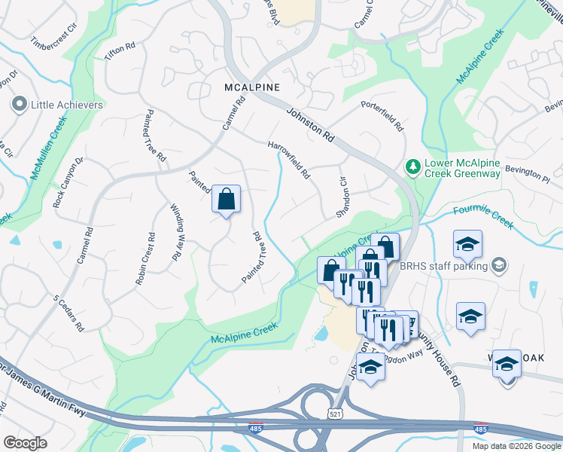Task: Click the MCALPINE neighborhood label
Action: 252,87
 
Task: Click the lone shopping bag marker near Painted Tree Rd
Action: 226,200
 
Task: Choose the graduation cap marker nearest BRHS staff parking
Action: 467,245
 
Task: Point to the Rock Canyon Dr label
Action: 68,183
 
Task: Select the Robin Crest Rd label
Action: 145,258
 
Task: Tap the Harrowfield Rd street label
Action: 288,160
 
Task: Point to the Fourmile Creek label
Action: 483,217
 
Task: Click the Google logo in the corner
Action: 25,443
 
